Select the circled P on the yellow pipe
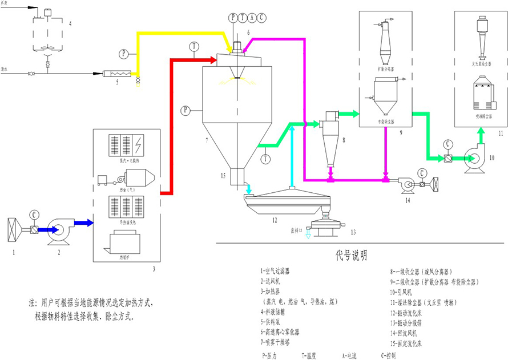pos(124,54)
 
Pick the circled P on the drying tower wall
pos(185,110)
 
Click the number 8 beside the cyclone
pos(344,139)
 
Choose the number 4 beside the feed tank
pos(70,23)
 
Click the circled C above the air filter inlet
pos(34,214)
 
